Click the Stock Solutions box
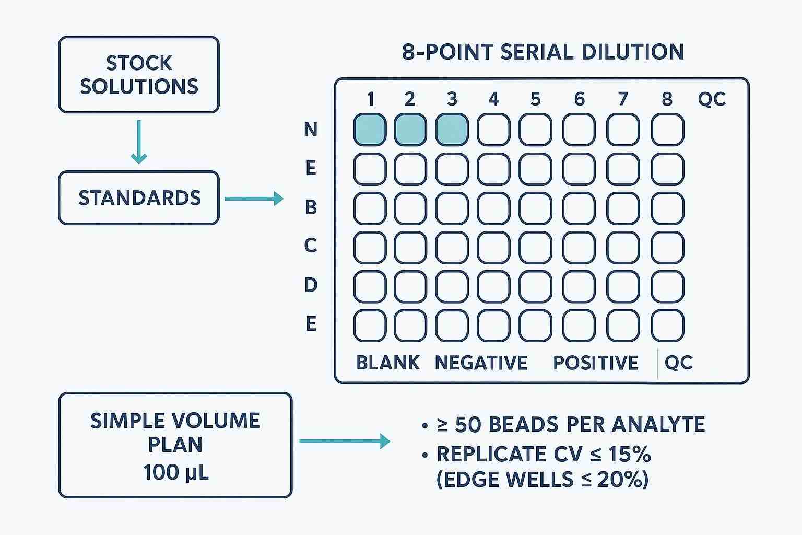pyautogui.click(x=138, y=75)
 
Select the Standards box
pyautogui.click(x=138, y=198)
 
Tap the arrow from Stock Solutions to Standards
pyautogui.click(x=138, y=142)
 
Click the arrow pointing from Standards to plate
pyautogui.click(x=254, y=199)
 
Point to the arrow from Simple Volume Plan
pyautogui.click(x=345, y=441)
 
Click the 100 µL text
pyautogui.click(x=175, y=472)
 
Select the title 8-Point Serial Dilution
pyautogui.click(x=542, y=52)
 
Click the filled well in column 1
pyautogui.click(x=370, y=130)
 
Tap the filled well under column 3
pyautogui.click(x=452, y=130)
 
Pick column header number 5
pyautogui.click(x=535, y=99)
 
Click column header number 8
pyautogui.click(x=667, y=99)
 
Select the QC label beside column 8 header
pyautogui.click(x=712, y=99)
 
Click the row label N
pyautogui.click(x=311, y=130)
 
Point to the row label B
pyautogui.click(x=311, y=208)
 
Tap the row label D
pyautogui.click(x=311, y=285)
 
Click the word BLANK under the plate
pyautogui.click(x=387, y=363)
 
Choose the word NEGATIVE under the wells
pyautogui.click(x=481, y=363)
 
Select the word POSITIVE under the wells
pyautogui.click(x=595, y=363)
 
